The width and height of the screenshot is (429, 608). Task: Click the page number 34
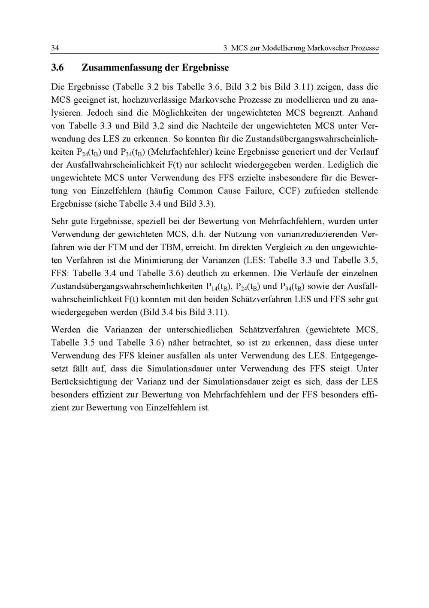(x=55, y=48)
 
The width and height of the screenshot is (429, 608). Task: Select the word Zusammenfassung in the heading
(x=125, y=67)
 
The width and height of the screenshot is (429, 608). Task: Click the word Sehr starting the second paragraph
(x=60, y=222)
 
